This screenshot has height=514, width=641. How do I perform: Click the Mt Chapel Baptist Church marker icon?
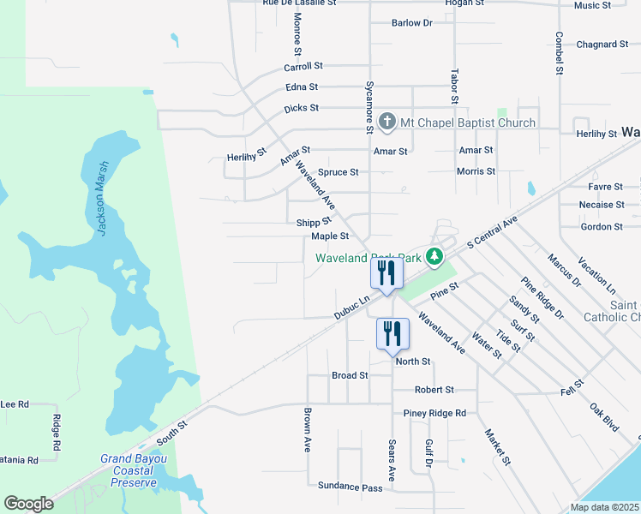point(386,123)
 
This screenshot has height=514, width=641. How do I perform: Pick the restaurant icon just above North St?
point(392,333)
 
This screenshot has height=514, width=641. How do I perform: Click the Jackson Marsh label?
point(103,198)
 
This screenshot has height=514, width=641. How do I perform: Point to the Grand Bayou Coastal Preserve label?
point(134,470)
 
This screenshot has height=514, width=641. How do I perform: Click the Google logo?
point(28,504)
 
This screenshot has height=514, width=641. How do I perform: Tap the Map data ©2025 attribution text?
point(604,507)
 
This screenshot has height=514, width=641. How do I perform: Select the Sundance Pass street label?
point(350,486)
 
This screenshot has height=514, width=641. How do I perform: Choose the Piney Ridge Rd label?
point(435,413)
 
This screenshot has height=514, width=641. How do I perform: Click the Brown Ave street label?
point(306,429)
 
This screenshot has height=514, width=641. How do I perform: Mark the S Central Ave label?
point(493,233)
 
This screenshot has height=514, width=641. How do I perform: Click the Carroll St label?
point(303,66)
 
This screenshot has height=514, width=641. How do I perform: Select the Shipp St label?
point(314,222)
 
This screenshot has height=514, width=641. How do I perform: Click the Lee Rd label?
point(15,403)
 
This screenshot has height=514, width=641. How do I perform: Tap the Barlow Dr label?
point(411,23)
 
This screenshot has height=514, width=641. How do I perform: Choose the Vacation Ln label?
point(596,273)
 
